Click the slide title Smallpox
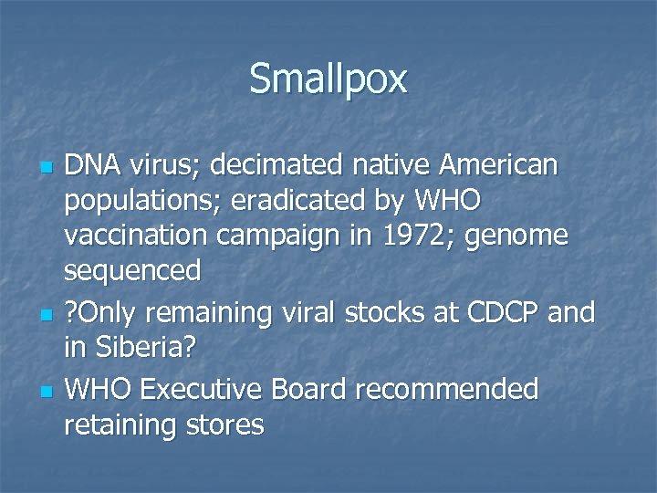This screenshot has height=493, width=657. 328,79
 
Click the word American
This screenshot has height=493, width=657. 508,165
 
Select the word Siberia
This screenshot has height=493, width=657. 154,348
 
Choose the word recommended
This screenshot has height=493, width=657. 447,389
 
